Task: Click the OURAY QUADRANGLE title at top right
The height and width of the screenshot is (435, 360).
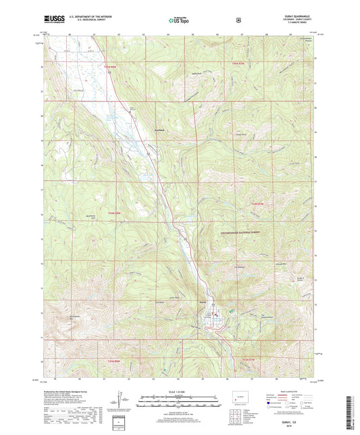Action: (x=297, y=19)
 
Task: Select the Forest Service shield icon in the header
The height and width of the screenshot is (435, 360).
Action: (x=238, y=20)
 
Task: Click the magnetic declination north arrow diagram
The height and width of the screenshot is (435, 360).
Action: (x=120, y=399)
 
